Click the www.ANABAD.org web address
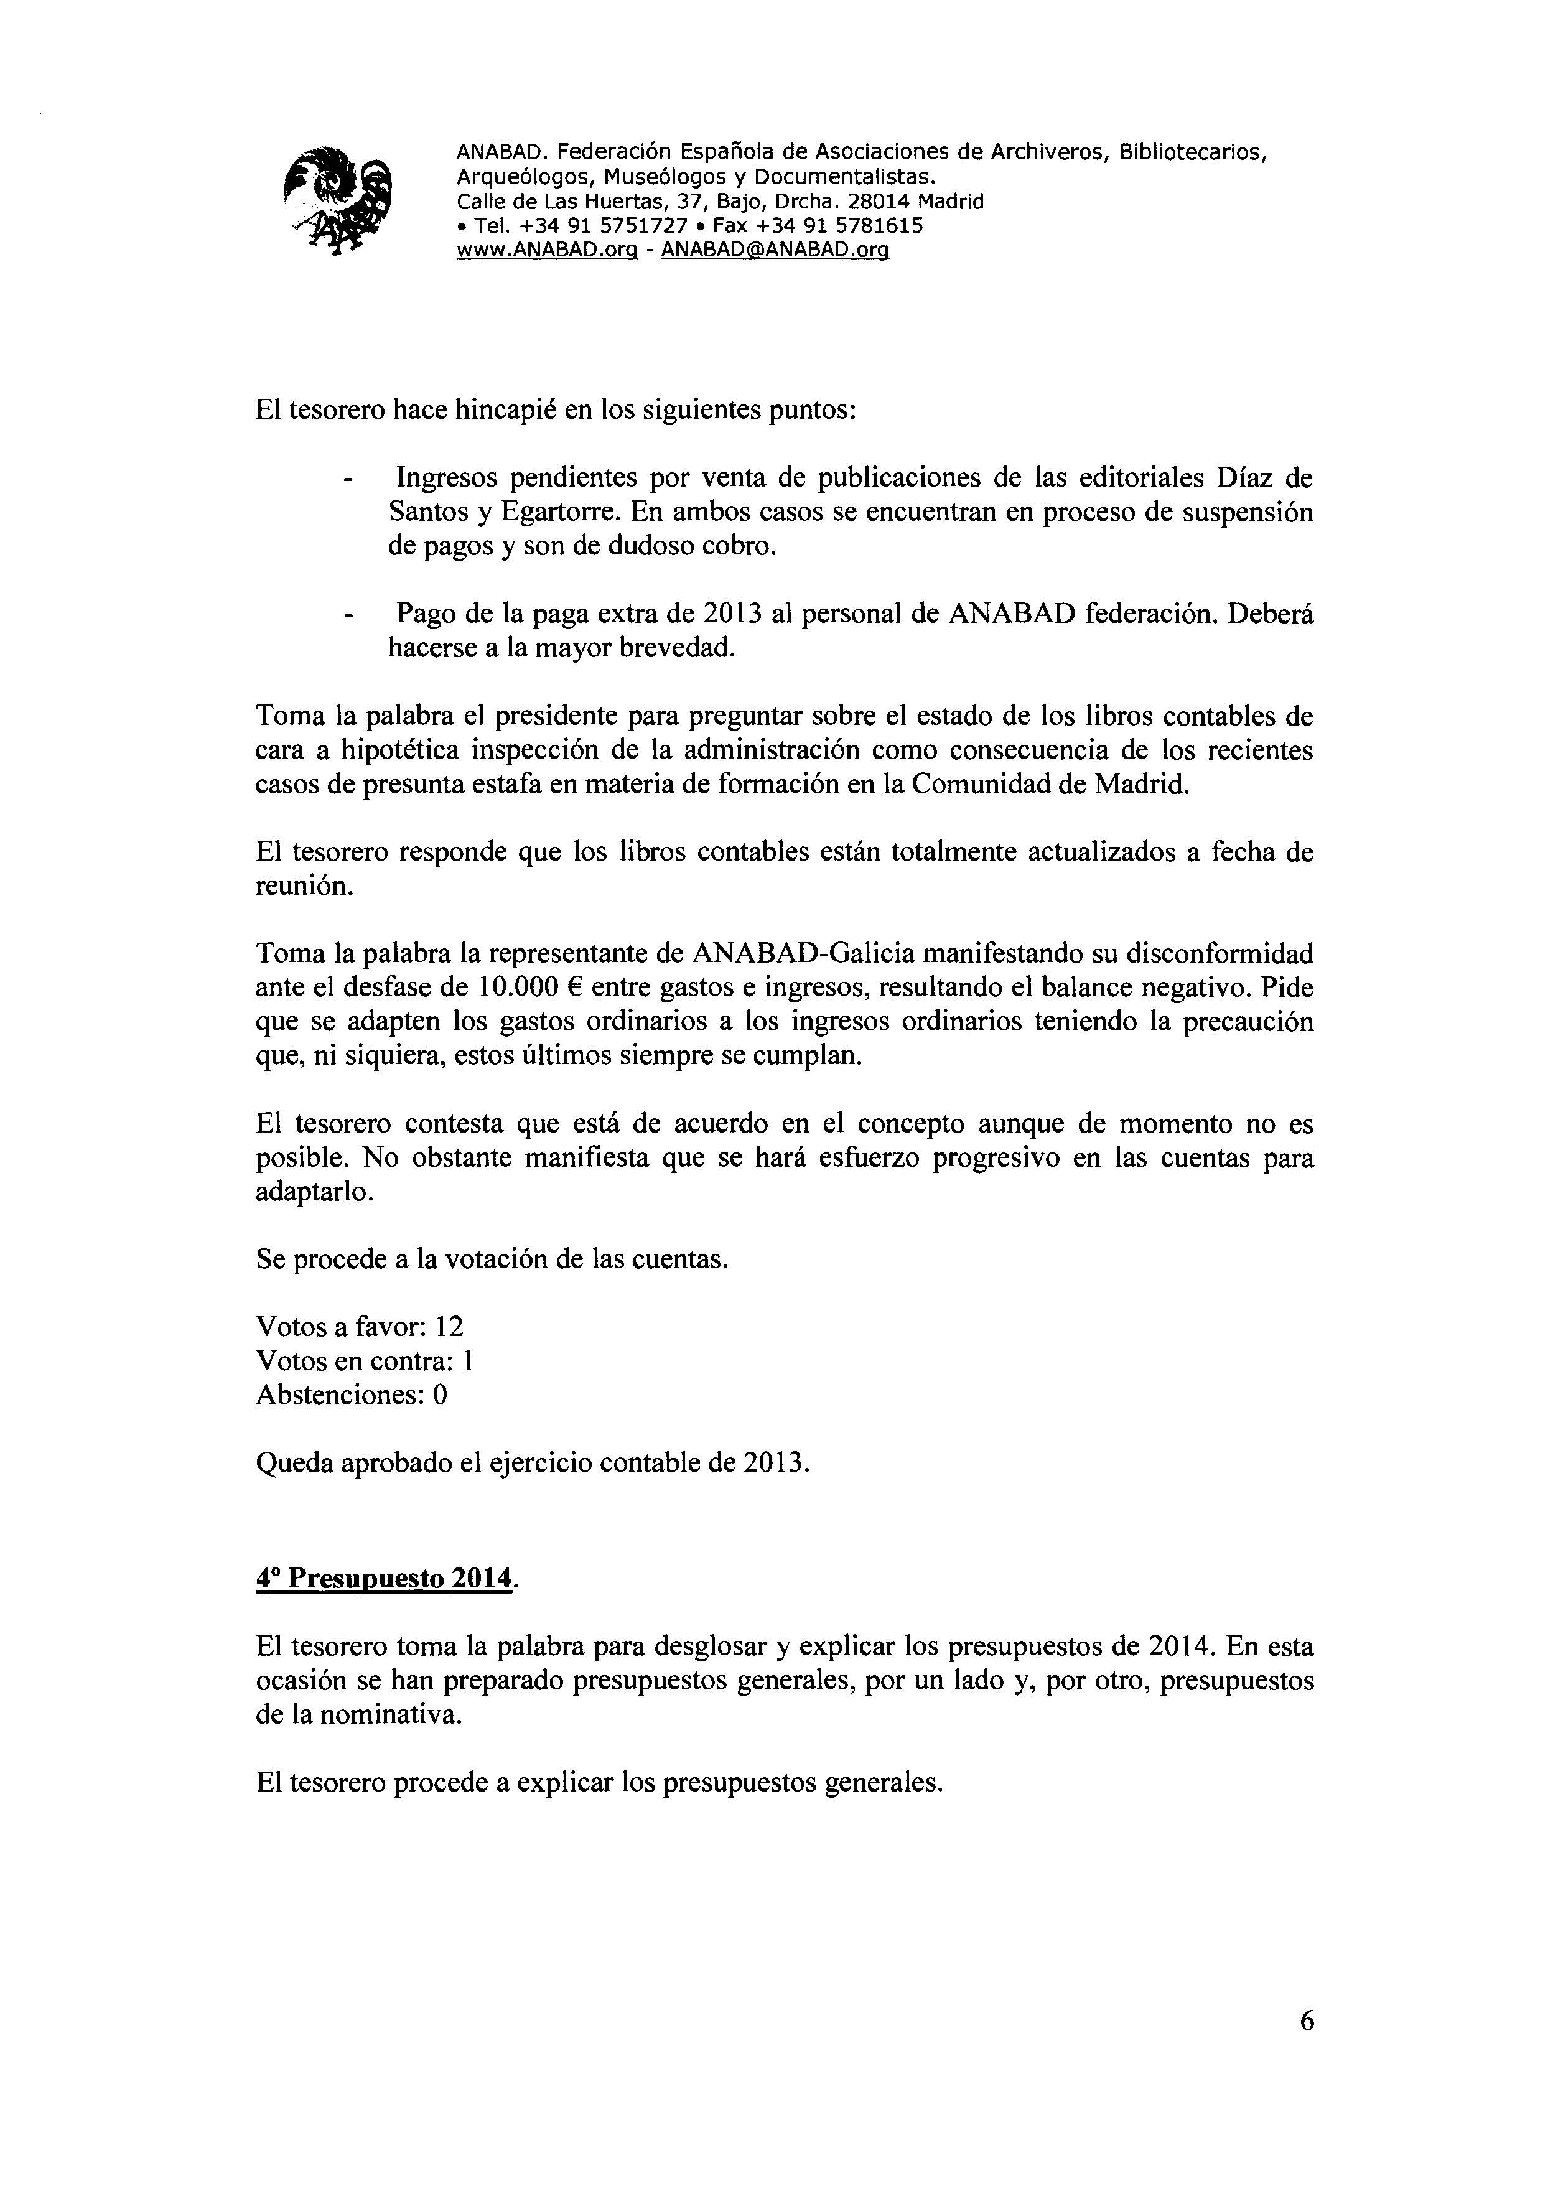click(x=546, y=251)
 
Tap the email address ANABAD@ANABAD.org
click(x=775, y=251)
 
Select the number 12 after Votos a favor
click(x=449, y=1327)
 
